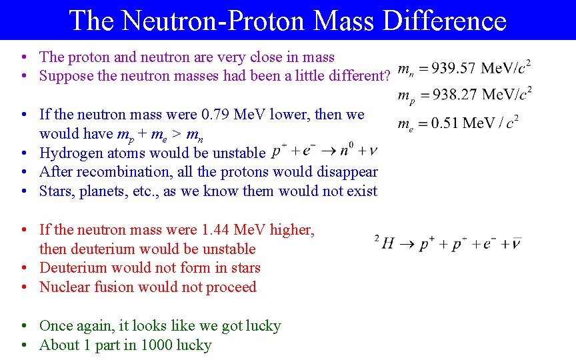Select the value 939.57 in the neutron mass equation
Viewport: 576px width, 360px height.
(x=453, y=68)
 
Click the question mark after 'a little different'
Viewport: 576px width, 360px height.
(x=385, y=76)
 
